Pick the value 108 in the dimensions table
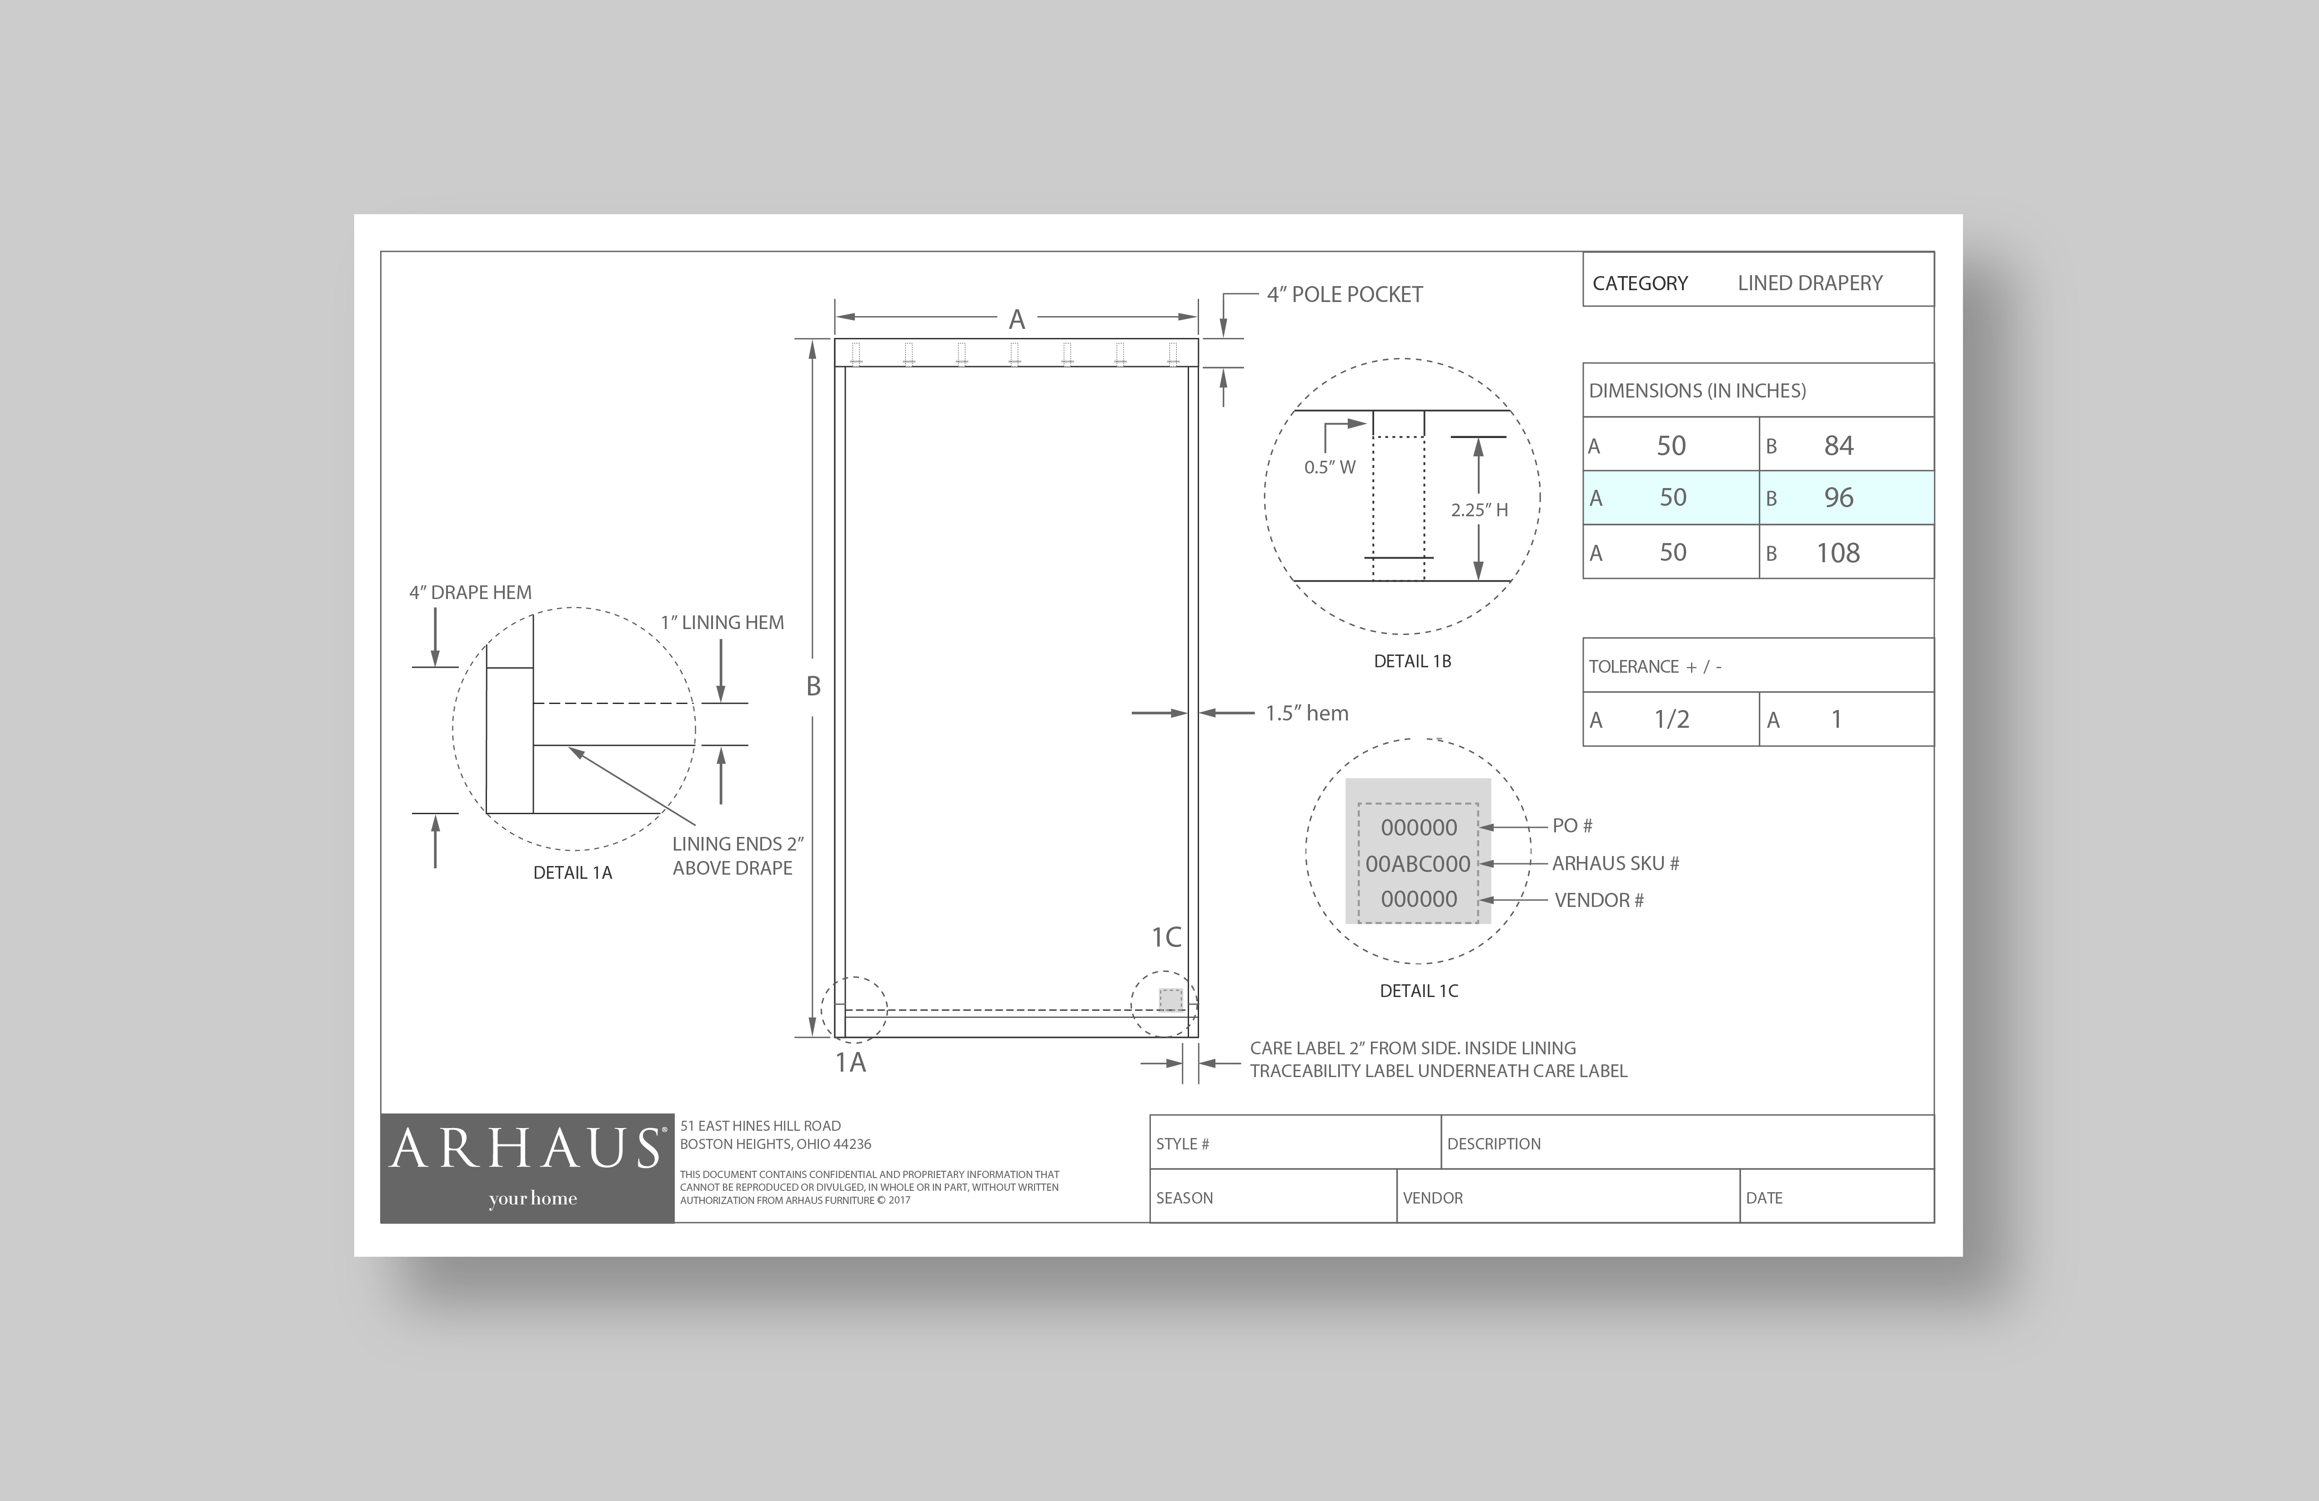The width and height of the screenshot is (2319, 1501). [x=1837, y=553]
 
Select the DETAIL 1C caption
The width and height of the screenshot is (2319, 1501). [x=1419, y=991]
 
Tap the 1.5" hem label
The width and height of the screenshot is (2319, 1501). [x=1307, y=714]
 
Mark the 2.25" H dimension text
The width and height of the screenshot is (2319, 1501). [x=1479, y=510]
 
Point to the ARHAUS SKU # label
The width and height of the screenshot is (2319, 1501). [x=1616, y=864]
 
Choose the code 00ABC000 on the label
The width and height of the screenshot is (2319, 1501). [x=1418, y=864]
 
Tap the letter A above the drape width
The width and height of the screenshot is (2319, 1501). [x=1016, y=320]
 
